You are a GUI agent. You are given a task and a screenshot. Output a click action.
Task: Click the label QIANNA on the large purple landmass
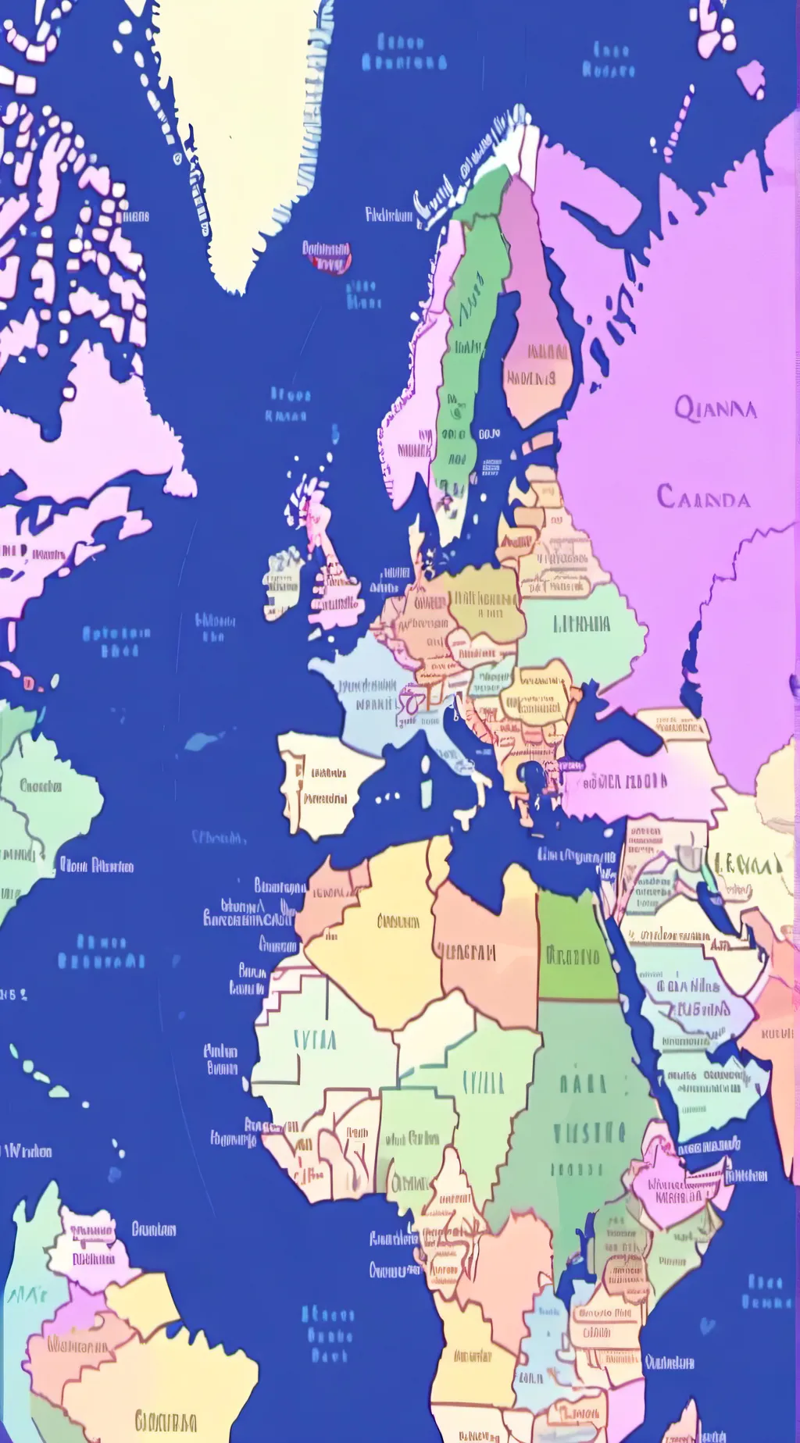point(715,408)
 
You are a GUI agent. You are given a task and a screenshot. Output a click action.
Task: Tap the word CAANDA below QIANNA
point(703,497)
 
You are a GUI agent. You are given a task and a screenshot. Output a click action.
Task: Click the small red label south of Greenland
point(327,257)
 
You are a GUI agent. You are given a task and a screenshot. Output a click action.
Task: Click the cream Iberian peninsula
point(324,785)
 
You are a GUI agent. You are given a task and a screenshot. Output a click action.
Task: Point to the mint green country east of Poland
point(582,625)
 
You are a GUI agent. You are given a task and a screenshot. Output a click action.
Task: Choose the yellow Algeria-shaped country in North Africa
point(383,937)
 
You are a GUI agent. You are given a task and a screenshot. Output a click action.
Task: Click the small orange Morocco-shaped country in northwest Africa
point(328,898)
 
